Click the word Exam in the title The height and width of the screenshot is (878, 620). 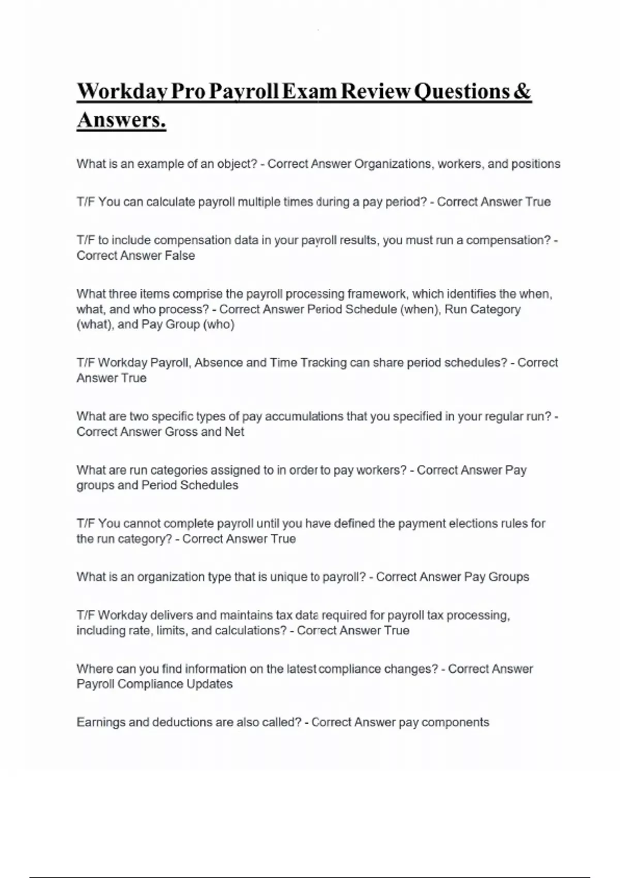pos(308,92)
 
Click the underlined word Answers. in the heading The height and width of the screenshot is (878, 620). pos(121,120)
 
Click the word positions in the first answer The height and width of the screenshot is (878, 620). pos(535,164)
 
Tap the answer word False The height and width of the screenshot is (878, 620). pos(179,256)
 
